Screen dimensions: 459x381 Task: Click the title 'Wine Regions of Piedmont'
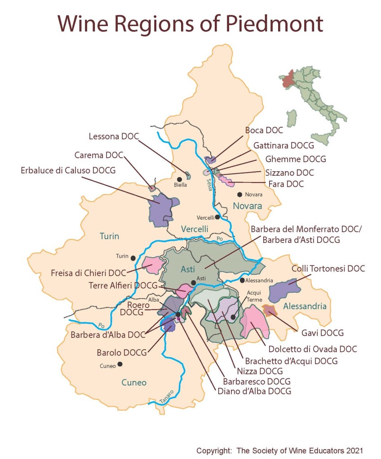(190, 23)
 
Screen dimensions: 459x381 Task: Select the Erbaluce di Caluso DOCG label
(68, 170)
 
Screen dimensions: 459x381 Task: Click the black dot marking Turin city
(133, 258)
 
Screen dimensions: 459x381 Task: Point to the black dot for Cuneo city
(120, 364)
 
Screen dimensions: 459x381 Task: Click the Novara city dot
(240, 195)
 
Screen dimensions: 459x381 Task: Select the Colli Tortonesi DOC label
(328, 269)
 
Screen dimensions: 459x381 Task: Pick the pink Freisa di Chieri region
(153, 265)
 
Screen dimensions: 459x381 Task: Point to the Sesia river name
(209, 184)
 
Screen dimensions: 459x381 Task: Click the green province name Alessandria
(305, 307)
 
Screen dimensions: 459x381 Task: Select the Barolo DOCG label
(122, 353)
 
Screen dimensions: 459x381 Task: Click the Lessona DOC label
(114, 136)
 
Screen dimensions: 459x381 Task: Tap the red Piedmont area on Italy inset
(288, 79)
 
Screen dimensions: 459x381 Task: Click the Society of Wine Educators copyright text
(279, 450)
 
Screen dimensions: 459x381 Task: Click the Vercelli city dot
(217, 217)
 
